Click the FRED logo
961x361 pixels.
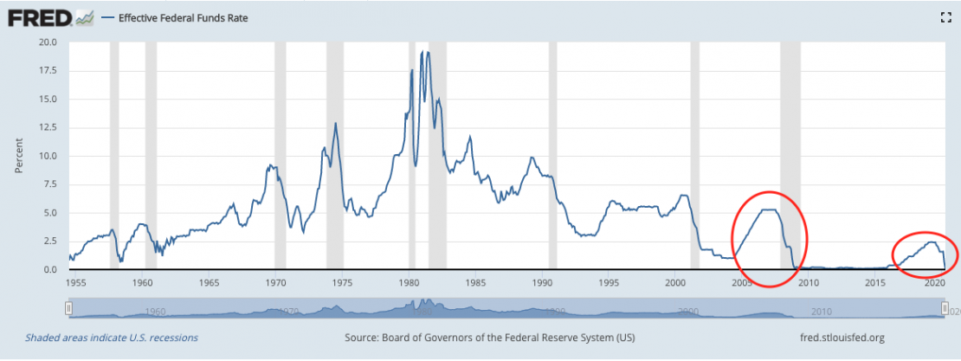pos(39,17)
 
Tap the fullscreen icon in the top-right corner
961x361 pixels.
pos(946,16)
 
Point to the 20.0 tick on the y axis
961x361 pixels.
pos(47,42)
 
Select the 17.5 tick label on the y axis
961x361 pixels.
pos(47,70)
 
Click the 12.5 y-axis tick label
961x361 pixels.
pos(47,127)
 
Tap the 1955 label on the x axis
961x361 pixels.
pos(75,282)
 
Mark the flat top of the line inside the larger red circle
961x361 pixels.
pos(767,210)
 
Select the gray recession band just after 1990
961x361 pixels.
pos(553,156)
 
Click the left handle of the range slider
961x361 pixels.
pos(68,308)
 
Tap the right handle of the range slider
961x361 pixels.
pos(945,308)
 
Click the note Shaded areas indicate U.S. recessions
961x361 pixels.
pos(112,337)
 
